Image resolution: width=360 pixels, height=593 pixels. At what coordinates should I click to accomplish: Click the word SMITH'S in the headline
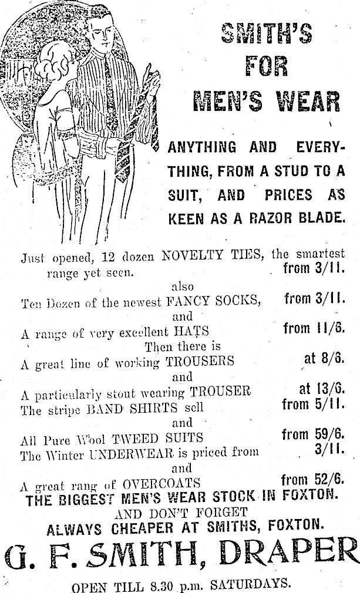[x=266, y=34]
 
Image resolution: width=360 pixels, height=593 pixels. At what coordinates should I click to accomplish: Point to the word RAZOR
[x=265, y=218]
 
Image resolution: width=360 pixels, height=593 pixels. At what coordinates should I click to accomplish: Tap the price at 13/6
[x=322, y=389]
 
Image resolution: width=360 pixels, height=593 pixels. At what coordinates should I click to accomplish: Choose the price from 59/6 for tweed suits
[x=313, y=435]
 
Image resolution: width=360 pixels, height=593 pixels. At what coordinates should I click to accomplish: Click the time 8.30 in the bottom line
[x=154, y=584]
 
